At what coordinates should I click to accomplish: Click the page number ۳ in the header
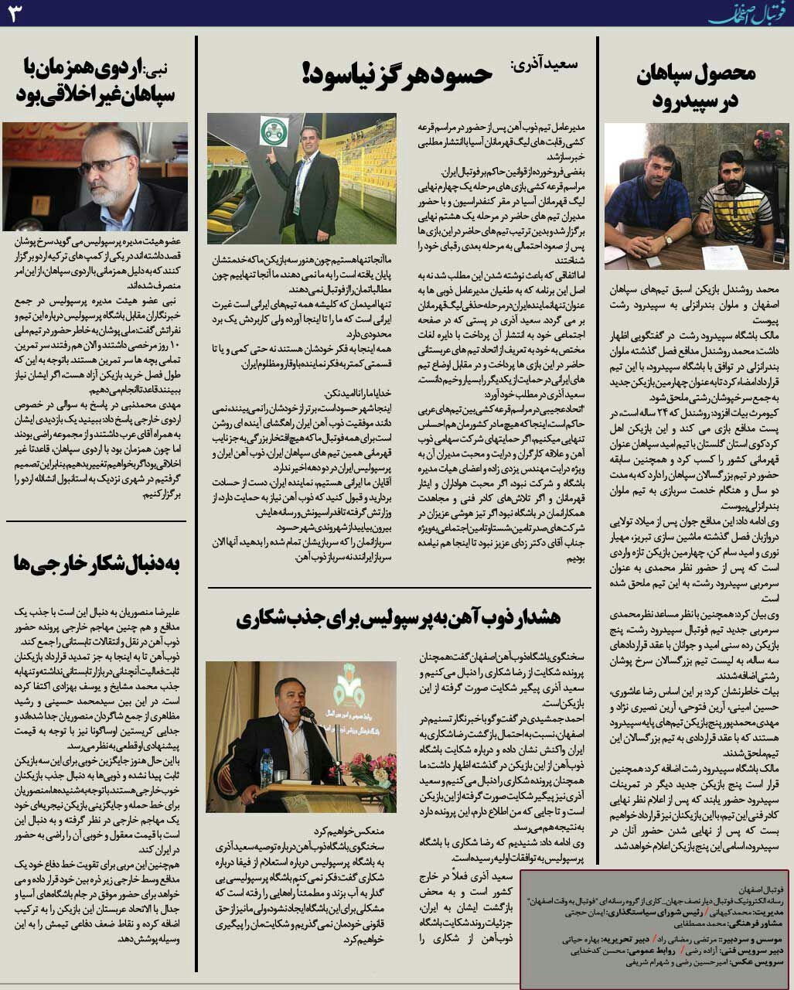coord(16,14)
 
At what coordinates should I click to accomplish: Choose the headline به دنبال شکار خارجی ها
coord(97,563)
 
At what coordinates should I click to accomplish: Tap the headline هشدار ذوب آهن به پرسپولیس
coord(398,619)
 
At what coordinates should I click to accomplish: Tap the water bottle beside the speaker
coord(267,766)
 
